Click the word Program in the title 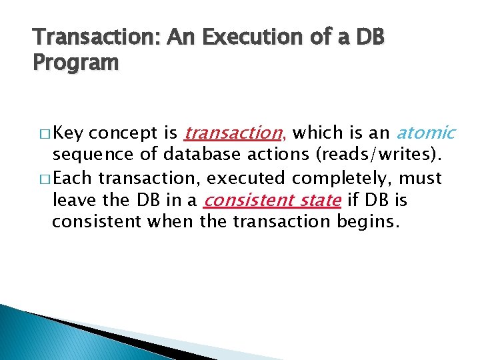point(75,63)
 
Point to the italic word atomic point(427,133)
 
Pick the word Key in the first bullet point(69,133)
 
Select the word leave point(73,199)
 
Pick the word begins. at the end point(369,221)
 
